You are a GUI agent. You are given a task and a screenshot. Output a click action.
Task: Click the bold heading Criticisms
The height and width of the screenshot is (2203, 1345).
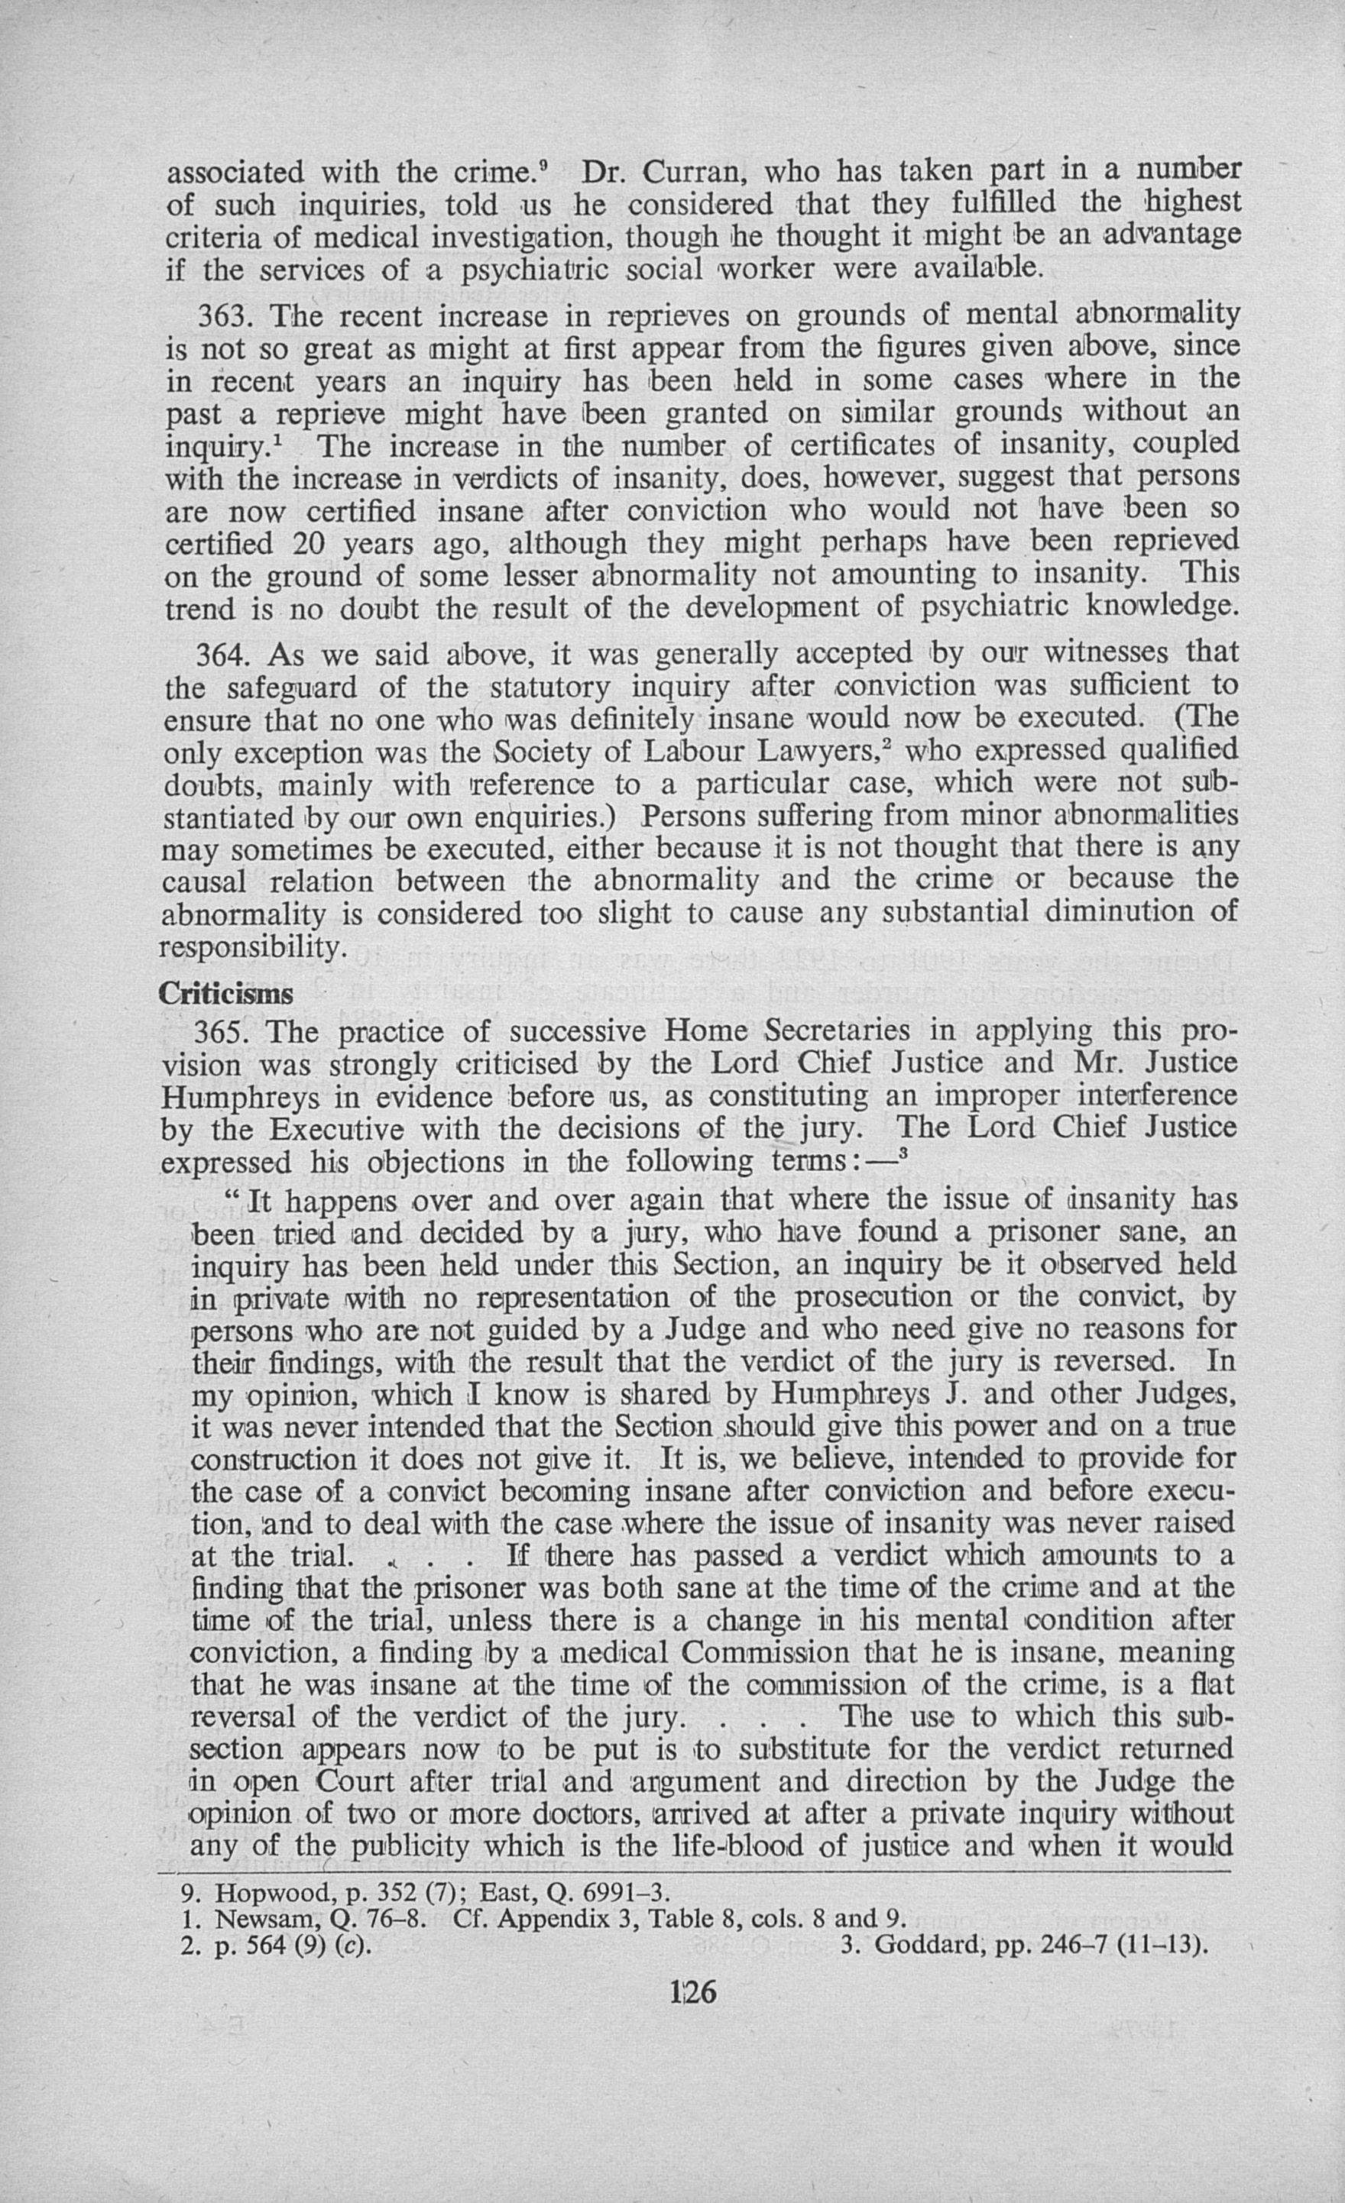[225, 995]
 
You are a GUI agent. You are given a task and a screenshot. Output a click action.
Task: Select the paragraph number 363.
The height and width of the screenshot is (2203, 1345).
[225, 315]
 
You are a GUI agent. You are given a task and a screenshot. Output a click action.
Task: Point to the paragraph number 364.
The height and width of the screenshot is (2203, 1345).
[225, 655]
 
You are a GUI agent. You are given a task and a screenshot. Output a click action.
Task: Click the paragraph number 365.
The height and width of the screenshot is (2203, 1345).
[225, 1033]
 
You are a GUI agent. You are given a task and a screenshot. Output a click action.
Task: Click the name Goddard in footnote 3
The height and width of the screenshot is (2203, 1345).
[920, 1946]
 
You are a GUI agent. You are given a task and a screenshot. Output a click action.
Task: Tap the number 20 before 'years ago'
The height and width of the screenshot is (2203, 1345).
[309, 542]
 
